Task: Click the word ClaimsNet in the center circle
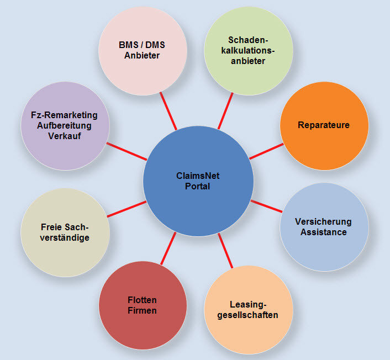198,176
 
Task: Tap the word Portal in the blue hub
198,187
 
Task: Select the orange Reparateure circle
324,125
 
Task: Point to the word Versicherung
324,222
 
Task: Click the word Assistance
324,232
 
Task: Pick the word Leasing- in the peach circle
248,305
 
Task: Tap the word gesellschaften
248,315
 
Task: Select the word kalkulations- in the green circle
248,51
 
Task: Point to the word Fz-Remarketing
65,115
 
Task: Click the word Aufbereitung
65,125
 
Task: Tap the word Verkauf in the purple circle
65,135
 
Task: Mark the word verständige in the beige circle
65,237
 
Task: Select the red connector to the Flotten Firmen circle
168,247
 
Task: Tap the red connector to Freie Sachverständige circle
127,209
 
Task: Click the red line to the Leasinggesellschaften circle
225,250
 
